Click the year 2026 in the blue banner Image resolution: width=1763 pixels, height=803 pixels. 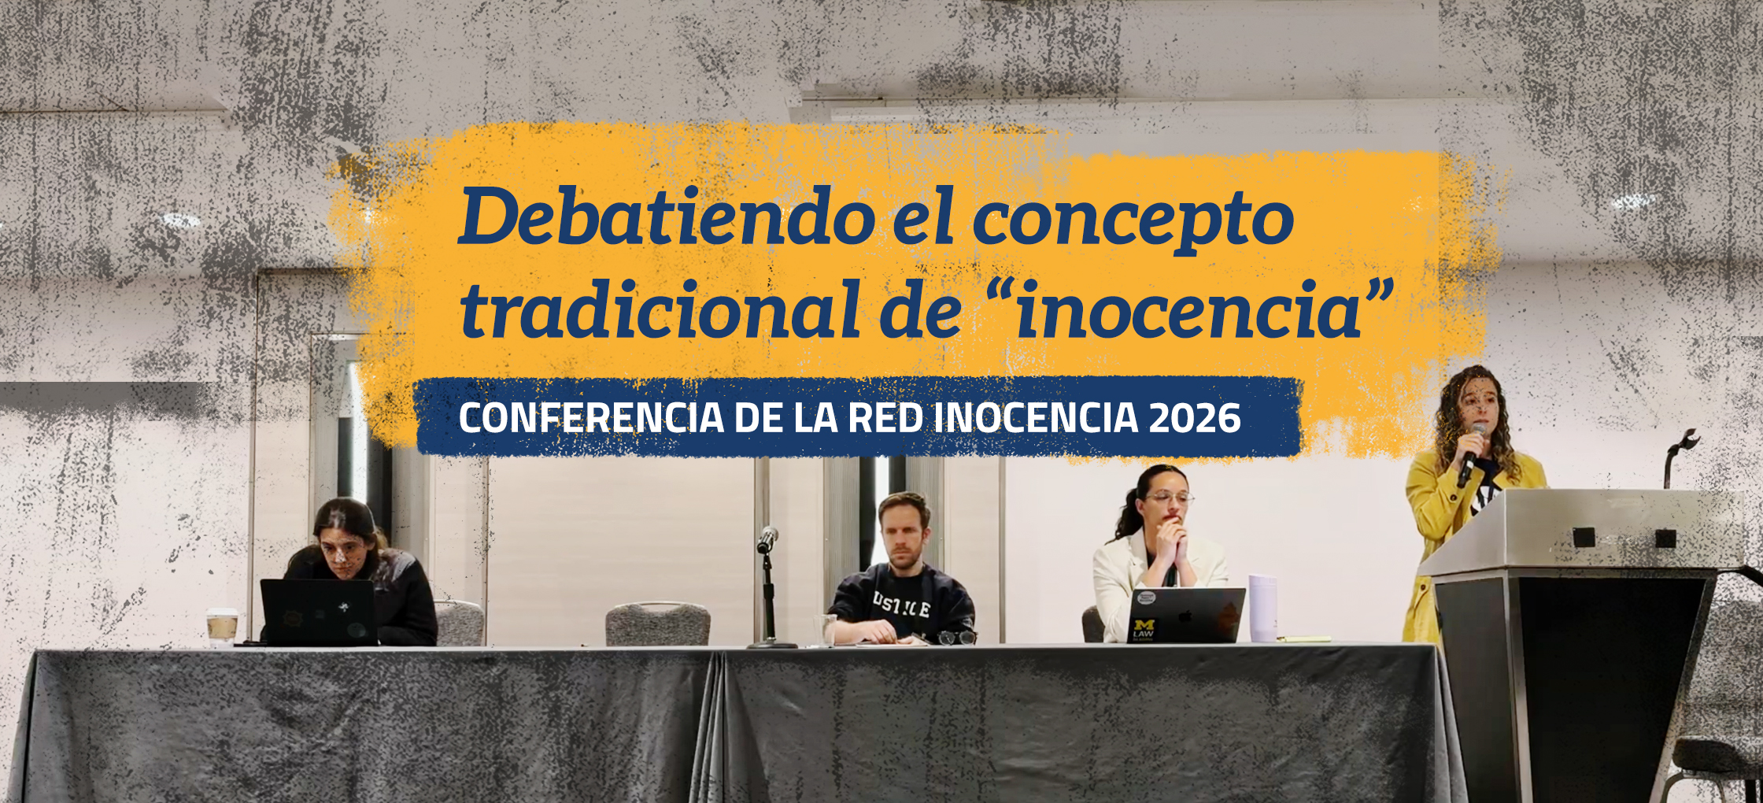pos(1195,417)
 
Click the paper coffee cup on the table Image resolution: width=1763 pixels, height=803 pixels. pos(222,627)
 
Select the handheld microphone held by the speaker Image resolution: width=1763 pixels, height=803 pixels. pos(1470,454)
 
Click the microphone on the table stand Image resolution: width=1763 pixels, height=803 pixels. pos(767,539)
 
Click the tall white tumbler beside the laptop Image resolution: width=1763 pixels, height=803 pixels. pos(1262,608)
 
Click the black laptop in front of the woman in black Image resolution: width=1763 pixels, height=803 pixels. pos(319,612)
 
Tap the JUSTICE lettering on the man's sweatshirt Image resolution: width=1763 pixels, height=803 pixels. pos(902,606)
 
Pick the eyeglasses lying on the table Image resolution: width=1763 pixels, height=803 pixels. pos(957,637)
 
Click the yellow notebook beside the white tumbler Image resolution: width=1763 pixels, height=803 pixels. pos(1303,639)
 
